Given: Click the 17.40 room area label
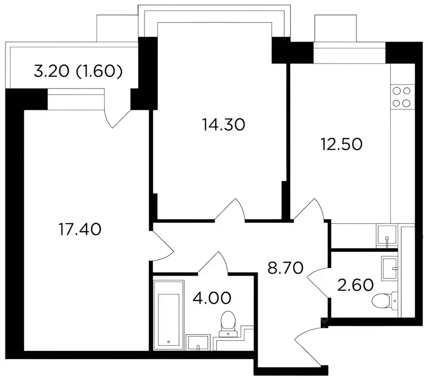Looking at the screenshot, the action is click(80, 229).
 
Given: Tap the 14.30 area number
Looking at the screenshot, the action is click(224, 125).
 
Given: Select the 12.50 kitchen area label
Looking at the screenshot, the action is click(341, 144).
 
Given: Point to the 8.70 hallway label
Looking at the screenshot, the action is click(285, 268).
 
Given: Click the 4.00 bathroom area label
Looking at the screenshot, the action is click(212, 298).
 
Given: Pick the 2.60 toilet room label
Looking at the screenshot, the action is click(355, 285).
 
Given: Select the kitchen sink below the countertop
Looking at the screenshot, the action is click(387, 236).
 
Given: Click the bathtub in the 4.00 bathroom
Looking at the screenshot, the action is click(168, 315).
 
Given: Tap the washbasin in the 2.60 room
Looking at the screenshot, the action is click(389, 268).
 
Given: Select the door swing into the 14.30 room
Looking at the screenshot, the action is click(230, 209).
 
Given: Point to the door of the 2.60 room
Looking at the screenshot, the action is click(319, 283).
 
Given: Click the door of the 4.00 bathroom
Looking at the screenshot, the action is click(213, 262).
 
